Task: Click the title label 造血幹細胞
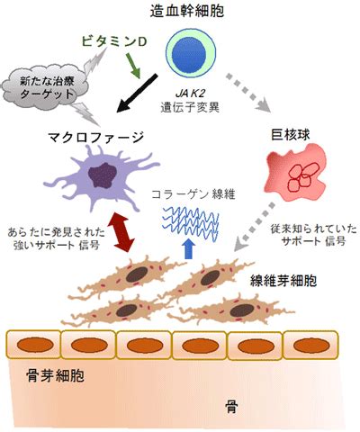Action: tap(186, 12)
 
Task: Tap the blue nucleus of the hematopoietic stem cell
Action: tap(190, 53)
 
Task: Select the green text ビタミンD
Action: tap(114, 41)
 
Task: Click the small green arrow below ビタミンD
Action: tap(133, 66)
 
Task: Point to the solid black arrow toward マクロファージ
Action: tap(137, 93)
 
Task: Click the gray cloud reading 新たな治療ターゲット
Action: tap(45, 87)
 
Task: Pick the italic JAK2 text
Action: tap(190, 94)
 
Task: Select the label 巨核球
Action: tap(290, 135)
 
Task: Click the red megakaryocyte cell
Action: tap(295, 172)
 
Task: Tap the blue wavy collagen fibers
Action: tap(191, 224)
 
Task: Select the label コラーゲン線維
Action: tap(193, 195)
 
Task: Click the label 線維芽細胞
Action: tap(283, 281)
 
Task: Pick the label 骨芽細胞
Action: tap(55, 375)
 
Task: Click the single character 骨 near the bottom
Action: tap(231, 407)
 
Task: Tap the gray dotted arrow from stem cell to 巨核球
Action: tap(248, 93)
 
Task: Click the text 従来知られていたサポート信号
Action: tap(313, 236)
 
